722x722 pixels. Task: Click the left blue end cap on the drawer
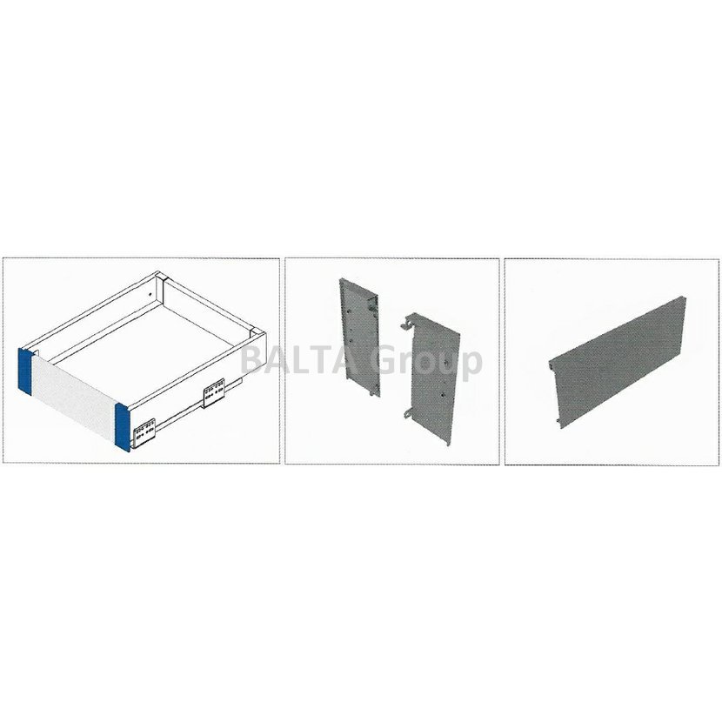[x=24, y=371]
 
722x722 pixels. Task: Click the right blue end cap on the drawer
[x=123, y=428]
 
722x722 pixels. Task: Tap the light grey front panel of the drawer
[x=73, y=398]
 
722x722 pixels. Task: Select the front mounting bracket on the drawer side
[x=144, y=433]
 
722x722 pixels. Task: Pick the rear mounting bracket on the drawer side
[x=214, y=393]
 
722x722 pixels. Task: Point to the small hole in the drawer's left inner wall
[x=150, y=293]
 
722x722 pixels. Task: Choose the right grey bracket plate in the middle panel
[x=434, y=380]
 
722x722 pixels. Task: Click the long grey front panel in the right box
[x=617, y=363]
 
